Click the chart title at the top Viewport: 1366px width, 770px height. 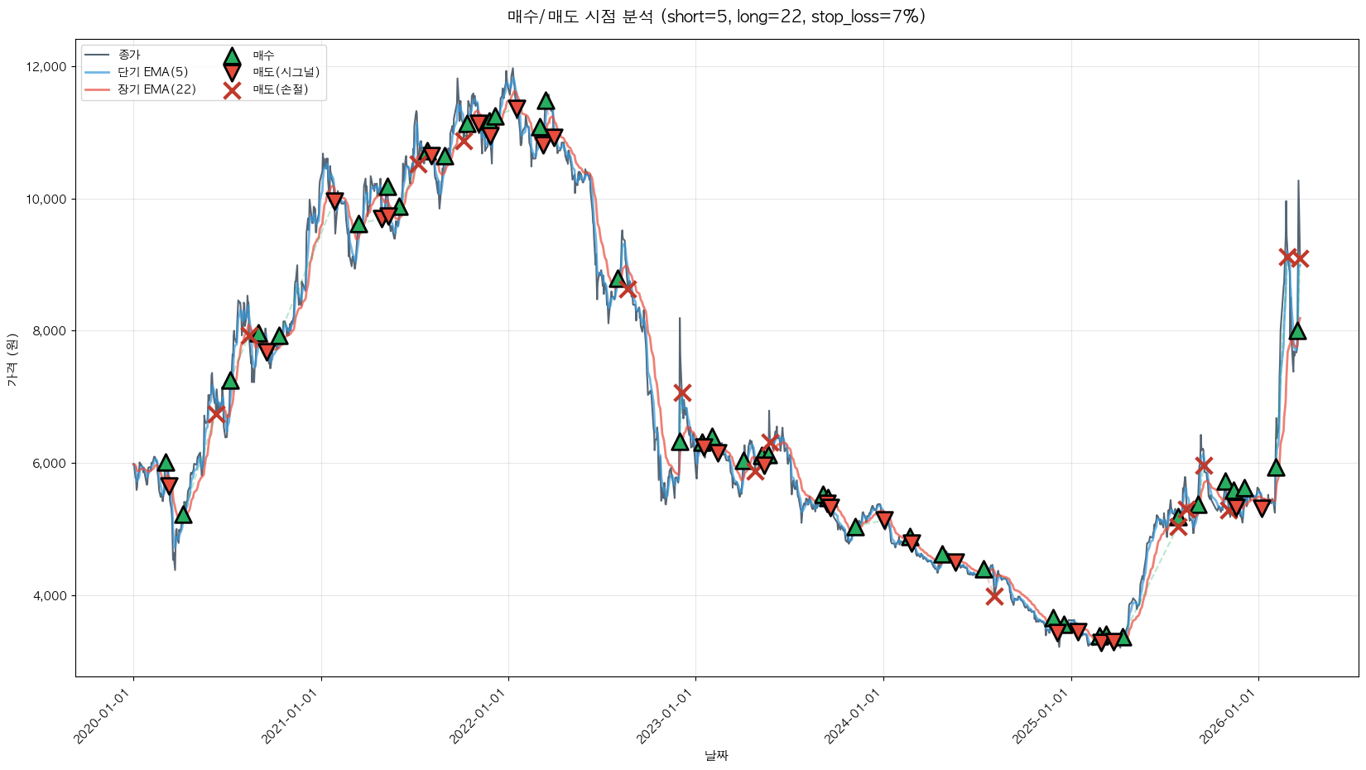pos(716,17)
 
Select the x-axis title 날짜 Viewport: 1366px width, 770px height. pos(716,755)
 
